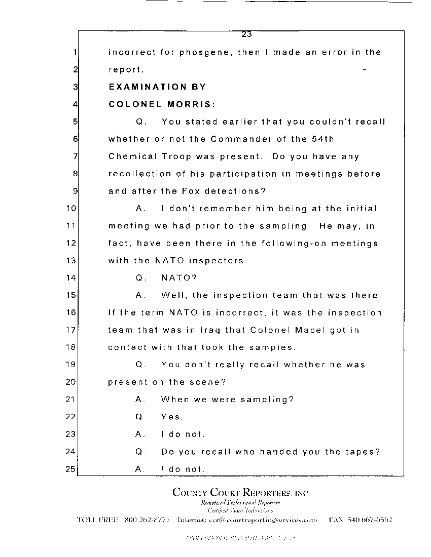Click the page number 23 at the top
pos(247,34)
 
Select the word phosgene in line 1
pos(204,52)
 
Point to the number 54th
pos(322,139)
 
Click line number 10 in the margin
pos(71,208)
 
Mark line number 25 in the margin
pos(71,469)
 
